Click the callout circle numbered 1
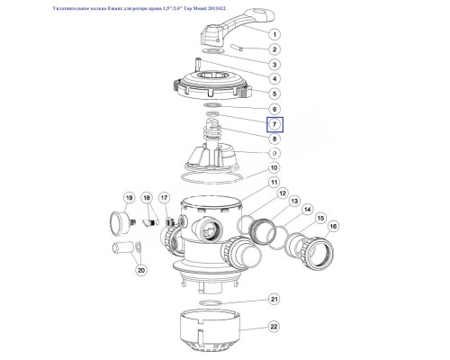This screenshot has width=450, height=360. click(274, 32)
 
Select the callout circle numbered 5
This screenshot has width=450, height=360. click(274, 92)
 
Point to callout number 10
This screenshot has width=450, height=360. click(274, 167)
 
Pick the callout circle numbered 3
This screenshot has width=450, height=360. click(274, 64)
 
